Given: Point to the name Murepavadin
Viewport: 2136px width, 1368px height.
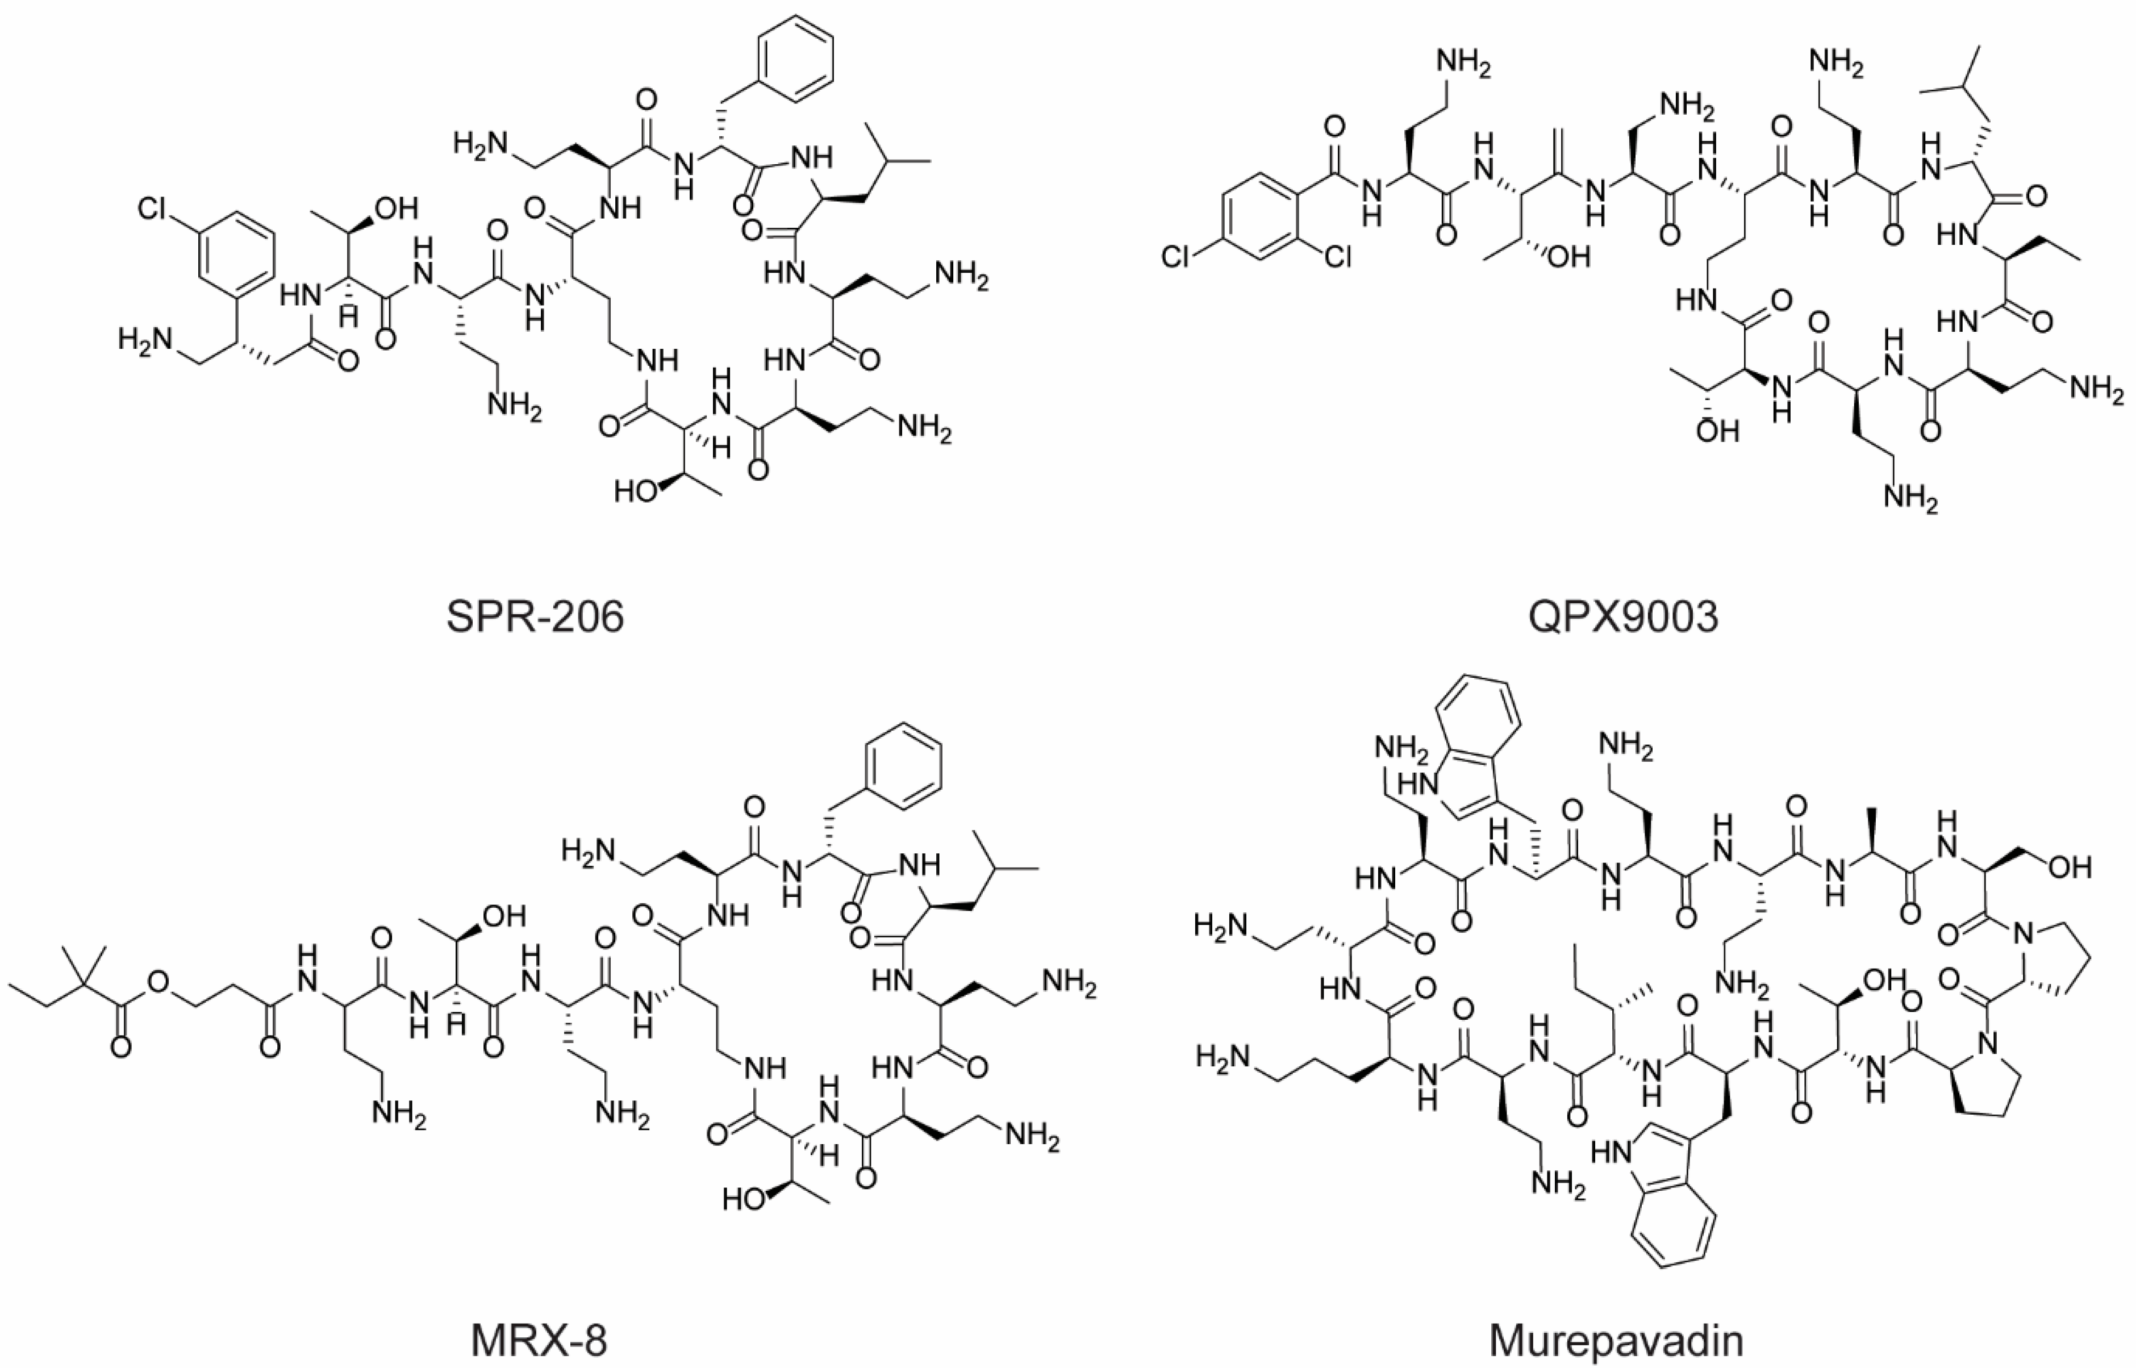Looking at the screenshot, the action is pos(1616,1340).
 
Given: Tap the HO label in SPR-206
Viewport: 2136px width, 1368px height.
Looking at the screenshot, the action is pos(635,490).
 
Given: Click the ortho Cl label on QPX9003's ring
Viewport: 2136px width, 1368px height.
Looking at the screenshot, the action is pos(1337,257).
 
